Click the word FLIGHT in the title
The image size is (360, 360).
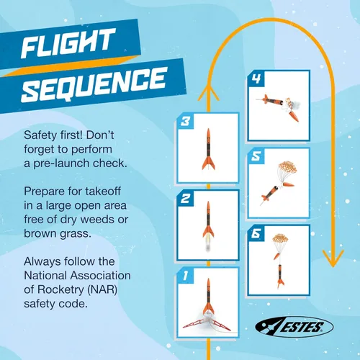pyautogui.click(x=68, y=43)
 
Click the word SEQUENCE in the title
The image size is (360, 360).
pyautogui.click(x=94, y=84)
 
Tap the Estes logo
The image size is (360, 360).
pyautogui.click(x=294, y=327)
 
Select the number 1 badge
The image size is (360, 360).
pyautogui.click(x=185, y=276)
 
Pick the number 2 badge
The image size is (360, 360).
pyautogui.click(x=185, y=199)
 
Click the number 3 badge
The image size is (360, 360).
pyautogui.click(x=185, y=121)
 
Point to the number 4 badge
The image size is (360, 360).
pyautogui.click(x=256, y=78)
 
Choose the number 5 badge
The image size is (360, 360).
pyautogui.click(x=256, y=156)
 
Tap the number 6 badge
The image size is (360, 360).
pyautogui.click(x=256, y=233)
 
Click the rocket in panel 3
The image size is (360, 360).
pyautogui.click(x=208, y=149)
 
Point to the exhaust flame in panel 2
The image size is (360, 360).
pyautogui.click(x=208, y=243)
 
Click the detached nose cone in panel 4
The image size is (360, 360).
pyautogui.click(x=294, y=116)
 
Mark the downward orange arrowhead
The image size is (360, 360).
pyautogui.click(x=333, y=258)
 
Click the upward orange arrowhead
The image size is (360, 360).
pyautogui.click(x=208, y=94)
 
